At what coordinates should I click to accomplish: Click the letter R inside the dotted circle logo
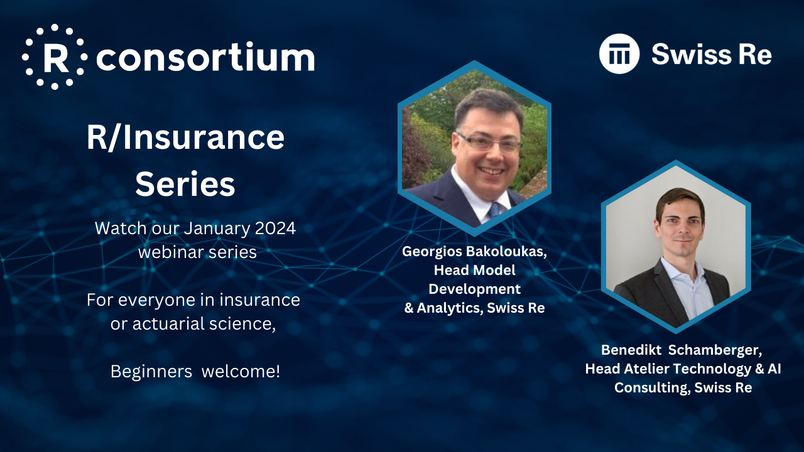point(56,57)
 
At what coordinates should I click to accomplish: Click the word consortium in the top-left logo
point(205,56)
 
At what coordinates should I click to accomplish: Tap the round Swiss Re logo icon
point(619,54)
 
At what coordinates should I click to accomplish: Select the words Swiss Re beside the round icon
point(712,54)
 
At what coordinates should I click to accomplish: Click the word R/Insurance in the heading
point(185,137)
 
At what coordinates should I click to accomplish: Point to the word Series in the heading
point(185,184)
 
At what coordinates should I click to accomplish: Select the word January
point(217,229)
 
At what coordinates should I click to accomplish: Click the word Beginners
point(151,372)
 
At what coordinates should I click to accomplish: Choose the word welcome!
point(241,371)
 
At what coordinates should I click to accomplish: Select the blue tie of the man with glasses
point(494,210)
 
